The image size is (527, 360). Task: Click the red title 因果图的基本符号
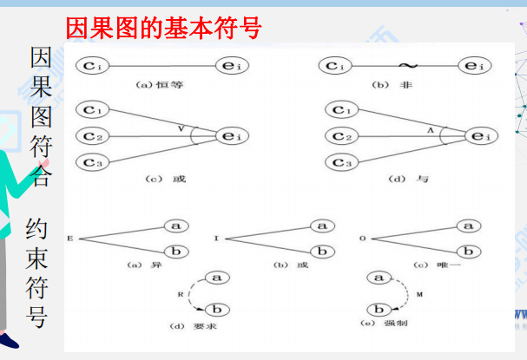(163, 29)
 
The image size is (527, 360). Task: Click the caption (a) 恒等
(159, 84)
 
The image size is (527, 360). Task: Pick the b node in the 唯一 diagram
(469, 252)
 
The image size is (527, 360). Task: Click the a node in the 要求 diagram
(218, 278)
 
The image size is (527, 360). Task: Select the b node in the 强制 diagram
(378, 309)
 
